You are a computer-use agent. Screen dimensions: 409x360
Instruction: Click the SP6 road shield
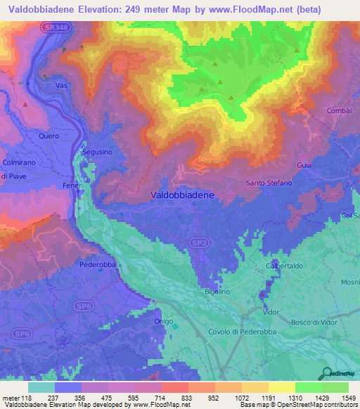[x=84, y=306]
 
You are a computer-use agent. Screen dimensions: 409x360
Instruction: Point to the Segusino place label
[x=97, y=152]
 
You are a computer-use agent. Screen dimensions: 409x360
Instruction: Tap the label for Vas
[x=61, y=85]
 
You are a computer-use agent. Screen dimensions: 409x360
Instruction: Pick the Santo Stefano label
[x=269, y=183]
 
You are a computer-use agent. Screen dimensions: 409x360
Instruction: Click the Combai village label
[x=338, y=112]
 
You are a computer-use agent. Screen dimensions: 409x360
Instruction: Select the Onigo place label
[x=163, y=320]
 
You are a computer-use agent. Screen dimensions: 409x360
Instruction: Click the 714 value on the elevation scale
[x=150, y=397]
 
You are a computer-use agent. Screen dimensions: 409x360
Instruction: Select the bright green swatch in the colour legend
[x=309, y=387]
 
